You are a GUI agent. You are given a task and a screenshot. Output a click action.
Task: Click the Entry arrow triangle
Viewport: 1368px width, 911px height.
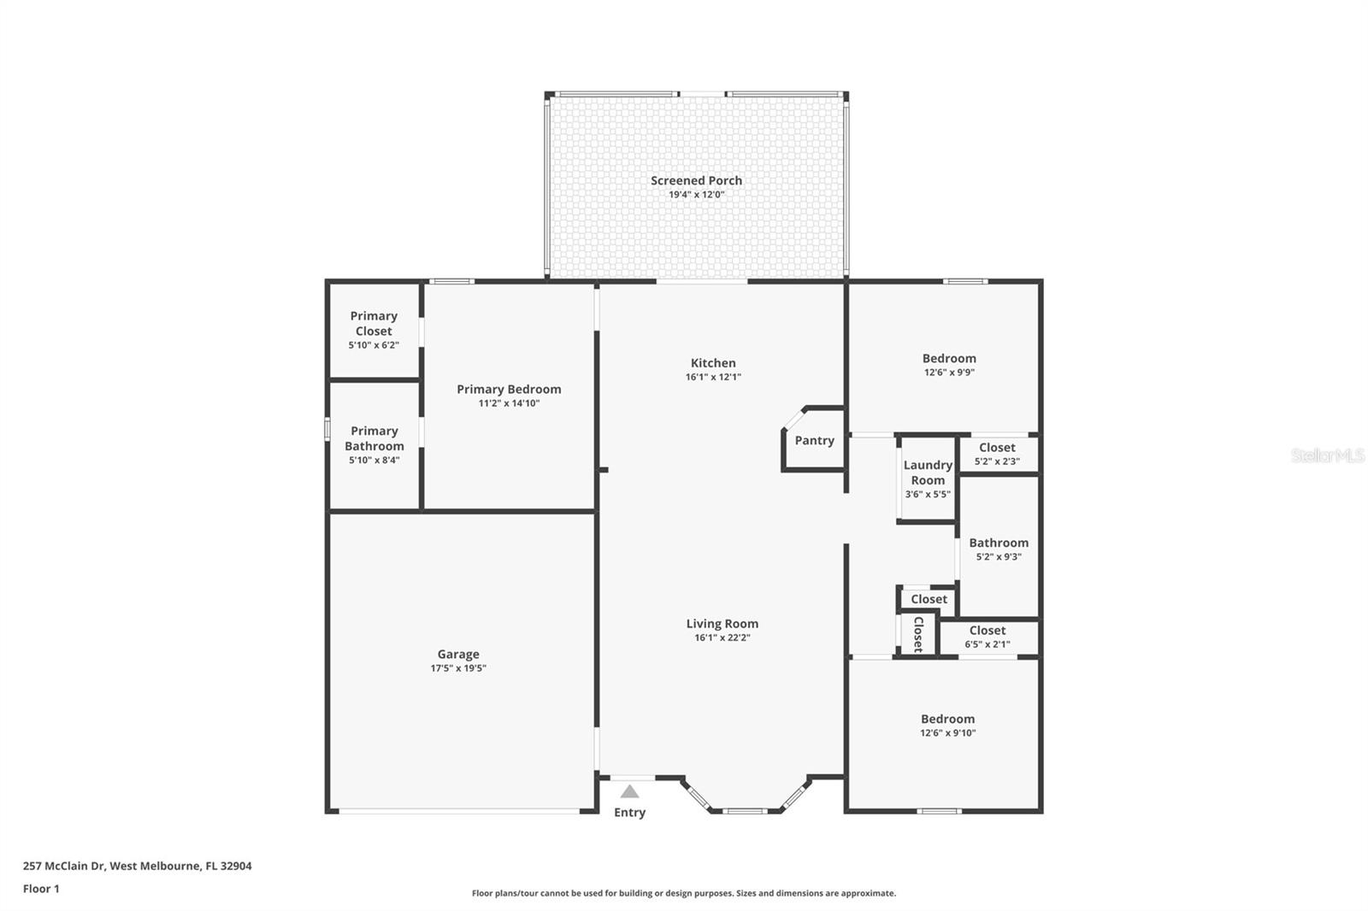click(629, 791)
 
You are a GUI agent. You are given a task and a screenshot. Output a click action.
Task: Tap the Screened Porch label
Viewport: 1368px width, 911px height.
click(696, 180)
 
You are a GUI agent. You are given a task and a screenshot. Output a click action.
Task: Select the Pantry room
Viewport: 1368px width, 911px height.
click(814, 441)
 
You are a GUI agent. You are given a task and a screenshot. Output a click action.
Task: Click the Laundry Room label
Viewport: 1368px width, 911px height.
click(928, 473)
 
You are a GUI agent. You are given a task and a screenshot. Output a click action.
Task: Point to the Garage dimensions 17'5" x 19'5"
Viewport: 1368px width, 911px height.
click(458, 668)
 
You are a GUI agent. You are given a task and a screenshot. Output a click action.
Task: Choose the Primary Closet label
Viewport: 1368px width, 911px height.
click(374, 323)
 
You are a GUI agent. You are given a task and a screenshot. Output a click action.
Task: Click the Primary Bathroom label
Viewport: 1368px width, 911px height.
click(374, 438)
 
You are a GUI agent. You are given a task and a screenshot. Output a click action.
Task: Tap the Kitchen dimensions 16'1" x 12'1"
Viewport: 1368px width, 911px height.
click(713, 377)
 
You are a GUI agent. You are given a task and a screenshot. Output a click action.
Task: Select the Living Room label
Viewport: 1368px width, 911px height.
click(722, 624)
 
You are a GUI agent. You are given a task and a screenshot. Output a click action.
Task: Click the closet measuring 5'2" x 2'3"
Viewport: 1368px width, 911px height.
click(997, 454)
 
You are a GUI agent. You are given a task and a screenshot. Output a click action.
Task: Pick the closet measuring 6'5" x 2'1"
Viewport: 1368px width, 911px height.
click(988, 638)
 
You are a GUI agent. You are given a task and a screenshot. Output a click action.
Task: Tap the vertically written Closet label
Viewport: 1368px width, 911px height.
click(918, 634)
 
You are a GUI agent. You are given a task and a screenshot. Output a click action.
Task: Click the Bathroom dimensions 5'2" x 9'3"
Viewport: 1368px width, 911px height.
click(999, 557)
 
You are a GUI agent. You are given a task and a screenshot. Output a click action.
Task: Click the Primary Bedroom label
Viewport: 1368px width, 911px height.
click(509, 389)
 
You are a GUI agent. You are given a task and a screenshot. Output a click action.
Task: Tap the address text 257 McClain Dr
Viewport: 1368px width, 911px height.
click(63, 866)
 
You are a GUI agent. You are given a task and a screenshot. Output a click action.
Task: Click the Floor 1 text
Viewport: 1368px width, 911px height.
click(41, 889)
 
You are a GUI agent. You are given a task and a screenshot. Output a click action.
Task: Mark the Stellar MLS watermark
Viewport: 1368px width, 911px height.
click(1327, 455)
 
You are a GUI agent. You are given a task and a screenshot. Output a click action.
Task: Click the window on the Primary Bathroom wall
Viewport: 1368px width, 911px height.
click(327, 428)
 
